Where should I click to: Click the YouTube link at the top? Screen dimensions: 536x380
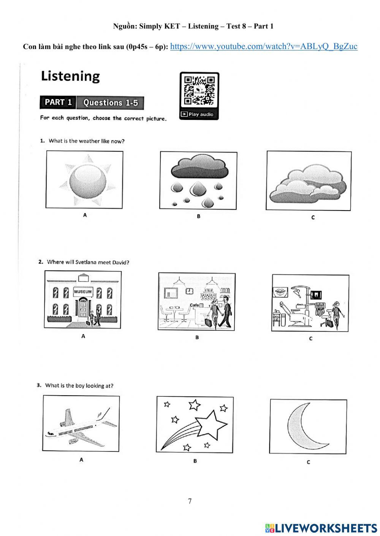click(x=264, y=46)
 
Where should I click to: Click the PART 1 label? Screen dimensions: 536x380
click(x=58, y=102)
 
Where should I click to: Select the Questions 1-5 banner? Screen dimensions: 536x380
click(x=111, y=103)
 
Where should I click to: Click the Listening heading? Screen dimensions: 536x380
click(x=70, y=76)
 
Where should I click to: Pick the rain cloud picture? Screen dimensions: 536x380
click(x=198, y=181)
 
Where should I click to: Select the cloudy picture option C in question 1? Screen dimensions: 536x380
click(x=308, y=181)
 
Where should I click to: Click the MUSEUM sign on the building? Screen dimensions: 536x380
click(x=83, y=292)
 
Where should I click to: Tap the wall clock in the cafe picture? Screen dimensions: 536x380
click(x=189, y=291)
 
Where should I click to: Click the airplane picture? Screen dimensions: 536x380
click(x=81, y=424)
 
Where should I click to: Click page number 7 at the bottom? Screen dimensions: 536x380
click(x=190, y=501)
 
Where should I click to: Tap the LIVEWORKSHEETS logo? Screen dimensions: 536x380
click(x=321, y=528)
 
